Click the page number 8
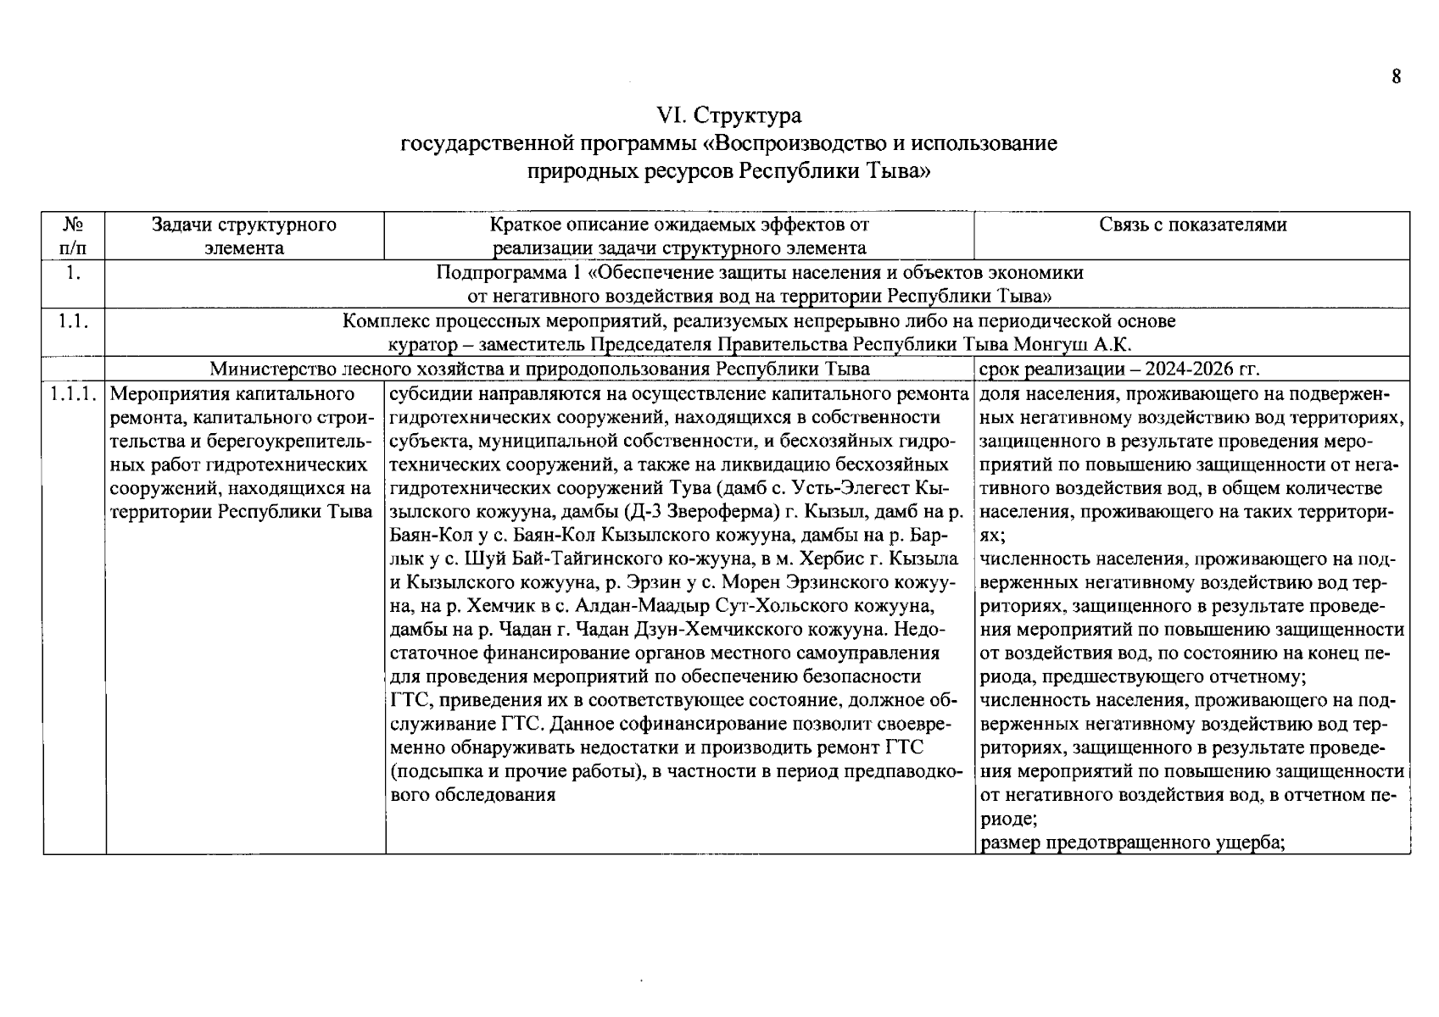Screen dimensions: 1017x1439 1396,77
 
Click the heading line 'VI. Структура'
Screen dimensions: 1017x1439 729,115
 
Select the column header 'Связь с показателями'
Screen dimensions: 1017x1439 1192,225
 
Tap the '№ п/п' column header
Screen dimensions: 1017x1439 74,236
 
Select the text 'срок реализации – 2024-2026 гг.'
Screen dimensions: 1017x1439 1118,370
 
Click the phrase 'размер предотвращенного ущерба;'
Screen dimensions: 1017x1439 1133,843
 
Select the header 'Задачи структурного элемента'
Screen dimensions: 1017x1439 244,236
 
